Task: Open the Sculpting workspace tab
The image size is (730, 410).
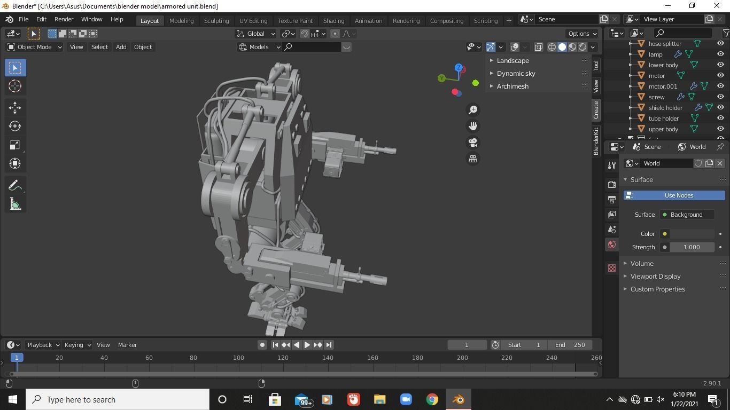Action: [x=216, y=21]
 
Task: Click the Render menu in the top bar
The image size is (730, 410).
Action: [x=64, y=19]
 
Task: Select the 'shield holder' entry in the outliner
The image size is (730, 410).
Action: [x=665, y=108]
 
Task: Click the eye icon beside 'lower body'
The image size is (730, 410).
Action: [x=720, y=65]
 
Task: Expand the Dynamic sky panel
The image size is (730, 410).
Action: [x=516, y=74]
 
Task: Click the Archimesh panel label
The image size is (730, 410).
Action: [x=512, y=86]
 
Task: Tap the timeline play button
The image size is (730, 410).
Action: [x=307, y=345]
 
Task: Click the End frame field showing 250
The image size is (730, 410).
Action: [x=570, y=345]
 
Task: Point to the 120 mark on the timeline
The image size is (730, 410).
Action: [x=283, y=358]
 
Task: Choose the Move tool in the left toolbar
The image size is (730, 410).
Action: [x=15, y=108]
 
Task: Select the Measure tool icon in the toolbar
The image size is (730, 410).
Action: [x=15, y=204]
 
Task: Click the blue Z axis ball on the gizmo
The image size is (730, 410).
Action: [x=459, y=68]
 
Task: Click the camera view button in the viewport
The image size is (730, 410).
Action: [x=473, y=143]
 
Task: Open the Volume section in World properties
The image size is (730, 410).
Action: [x=641, y=264]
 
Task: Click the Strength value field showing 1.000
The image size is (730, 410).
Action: [x=691, y=247]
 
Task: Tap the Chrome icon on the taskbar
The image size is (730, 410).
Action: [x=432, y=399]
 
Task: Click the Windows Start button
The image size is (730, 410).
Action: [x=13, y=399]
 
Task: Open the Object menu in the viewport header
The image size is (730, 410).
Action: [x=143, y=47]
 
